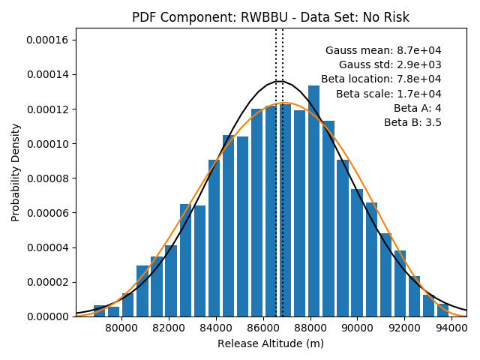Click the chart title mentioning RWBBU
271,17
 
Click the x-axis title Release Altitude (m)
271,343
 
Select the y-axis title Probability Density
15,172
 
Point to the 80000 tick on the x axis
121,328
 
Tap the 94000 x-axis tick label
451,328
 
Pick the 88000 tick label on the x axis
310,328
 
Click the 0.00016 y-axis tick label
47,40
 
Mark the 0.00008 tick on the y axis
47,178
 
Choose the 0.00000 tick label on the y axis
47,316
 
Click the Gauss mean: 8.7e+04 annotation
383,50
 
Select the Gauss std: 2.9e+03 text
390,64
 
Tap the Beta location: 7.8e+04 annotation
381,79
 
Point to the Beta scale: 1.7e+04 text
388,94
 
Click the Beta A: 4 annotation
418,108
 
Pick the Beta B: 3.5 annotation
412,122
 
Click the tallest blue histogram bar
313,201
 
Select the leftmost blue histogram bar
99,311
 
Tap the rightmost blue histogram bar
443,310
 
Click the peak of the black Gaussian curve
280,81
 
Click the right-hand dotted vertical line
283,172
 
